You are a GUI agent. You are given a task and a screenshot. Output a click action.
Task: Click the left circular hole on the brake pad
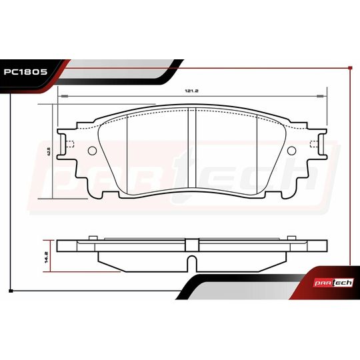pos(91,150)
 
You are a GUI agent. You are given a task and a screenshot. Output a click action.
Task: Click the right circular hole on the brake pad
pos(291,150)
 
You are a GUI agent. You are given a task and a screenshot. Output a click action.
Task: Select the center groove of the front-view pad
pos(191,150)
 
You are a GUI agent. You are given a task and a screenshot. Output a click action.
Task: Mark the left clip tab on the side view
pos(93,237)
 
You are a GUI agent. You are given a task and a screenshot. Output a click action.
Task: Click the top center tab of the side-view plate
pos(191,239)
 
